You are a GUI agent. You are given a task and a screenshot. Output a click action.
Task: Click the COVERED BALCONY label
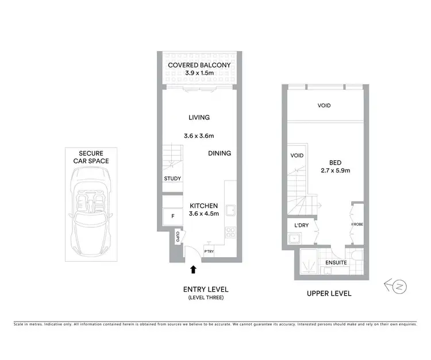(x=199, y=65)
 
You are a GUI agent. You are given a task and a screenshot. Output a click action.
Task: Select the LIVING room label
(x=199, y=117)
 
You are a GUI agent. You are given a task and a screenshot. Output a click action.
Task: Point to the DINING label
(x=219, y=153)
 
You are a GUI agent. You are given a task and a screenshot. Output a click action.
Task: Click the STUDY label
(x=172, y=179)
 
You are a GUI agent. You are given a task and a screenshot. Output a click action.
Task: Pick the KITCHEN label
(x=203, y=206)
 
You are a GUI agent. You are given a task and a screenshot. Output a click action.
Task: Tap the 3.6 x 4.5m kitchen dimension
(x=203, y=215)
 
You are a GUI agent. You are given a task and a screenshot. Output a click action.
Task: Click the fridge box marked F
(x=172, y=216)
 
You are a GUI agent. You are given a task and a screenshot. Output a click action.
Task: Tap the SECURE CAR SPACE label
(x=91, y=157)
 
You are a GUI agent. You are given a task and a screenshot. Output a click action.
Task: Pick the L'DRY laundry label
(x=302, y=226)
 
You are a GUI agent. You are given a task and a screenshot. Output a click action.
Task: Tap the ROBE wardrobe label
(x=357, y=224)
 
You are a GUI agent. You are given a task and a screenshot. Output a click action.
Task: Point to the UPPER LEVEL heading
(x=329, y=293)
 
